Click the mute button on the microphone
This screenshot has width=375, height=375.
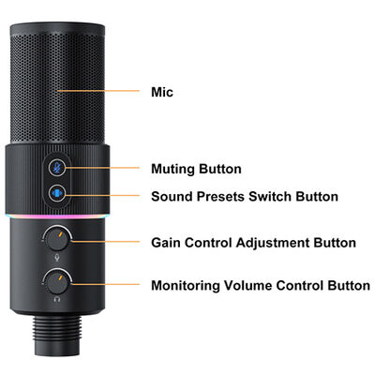click(x=57, y=168)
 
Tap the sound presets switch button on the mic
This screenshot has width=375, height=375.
click(x=57, y=193)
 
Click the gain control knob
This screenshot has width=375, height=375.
click(x=57, y=239)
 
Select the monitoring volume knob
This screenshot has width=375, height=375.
click(x=57, y=282)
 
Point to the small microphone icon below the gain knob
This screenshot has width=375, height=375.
click(x=57, y=258)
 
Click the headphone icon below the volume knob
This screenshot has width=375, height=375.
click(x=57, y=300)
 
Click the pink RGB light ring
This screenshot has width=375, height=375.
click(x=57, y=216)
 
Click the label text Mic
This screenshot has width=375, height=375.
click(x=162, y=92)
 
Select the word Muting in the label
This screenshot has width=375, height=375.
click(x=172, y=170)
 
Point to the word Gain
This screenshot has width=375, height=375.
click(x=166, y=243)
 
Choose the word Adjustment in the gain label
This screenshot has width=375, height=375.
click(x=273, y=243)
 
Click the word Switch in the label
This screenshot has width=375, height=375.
click(x=270, y=197)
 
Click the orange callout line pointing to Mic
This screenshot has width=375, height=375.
click(x=98, y=91)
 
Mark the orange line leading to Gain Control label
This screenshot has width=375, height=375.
click(x=105, y=242)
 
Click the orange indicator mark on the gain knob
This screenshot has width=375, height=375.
click(x=60, y=235)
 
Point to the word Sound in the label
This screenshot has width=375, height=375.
click(x=172, y=197)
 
